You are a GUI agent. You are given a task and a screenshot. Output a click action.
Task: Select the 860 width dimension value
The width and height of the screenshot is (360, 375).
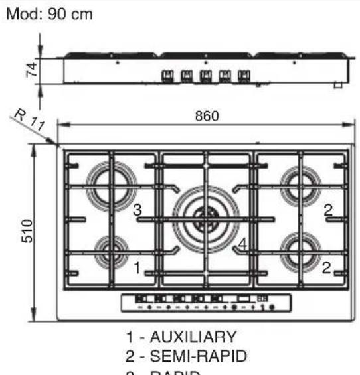point(207,115)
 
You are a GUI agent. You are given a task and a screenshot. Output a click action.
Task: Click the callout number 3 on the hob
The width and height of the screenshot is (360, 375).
point(137,211)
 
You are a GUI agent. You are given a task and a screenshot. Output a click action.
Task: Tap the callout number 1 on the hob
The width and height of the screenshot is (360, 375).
point(137,268)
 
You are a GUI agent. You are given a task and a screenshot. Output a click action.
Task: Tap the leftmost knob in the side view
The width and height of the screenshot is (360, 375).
point(168,75)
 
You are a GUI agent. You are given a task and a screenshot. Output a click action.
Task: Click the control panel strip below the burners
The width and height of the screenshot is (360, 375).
point(205,303)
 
